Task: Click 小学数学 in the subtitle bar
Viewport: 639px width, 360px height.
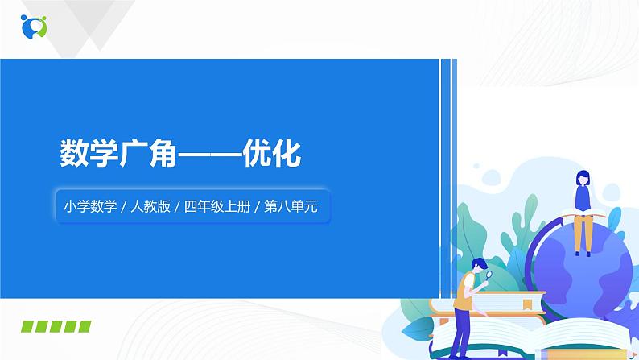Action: click(x=87, y=207)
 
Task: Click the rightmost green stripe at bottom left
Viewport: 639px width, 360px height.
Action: click(x=84, y=325)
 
